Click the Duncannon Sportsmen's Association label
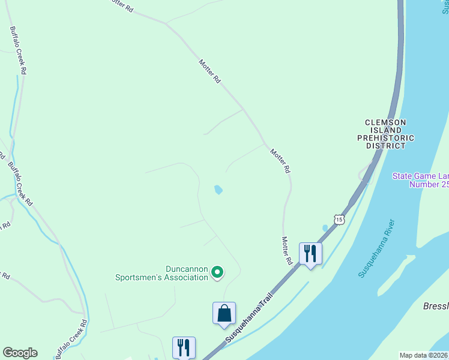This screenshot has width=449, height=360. point(161,273)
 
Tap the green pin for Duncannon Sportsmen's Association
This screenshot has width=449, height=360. point(217,273)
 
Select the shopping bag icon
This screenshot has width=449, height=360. point(224,313)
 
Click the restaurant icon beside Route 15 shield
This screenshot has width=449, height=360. point(310,253)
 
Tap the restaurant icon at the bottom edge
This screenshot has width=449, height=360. point(184,347)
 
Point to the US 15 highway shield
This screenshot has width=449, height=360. point(340,220)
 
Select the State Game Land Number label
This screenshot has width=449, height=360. point(420,180)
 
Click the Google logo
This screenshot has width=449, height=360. point(20,353)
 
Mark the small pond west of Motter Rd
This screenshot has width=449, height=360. point(218,190)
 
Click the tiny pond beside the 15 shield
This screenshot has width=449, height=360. point(325,228)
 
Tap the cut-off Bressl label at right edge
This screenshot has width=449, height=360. point(436,306)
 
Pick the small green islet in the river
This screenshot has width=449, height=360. point(408,262)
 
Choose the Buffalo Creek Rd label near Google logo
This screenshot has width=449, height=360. point(71,340)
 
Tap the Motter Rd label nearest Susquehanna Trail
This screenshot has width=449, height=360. point(286,251)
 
